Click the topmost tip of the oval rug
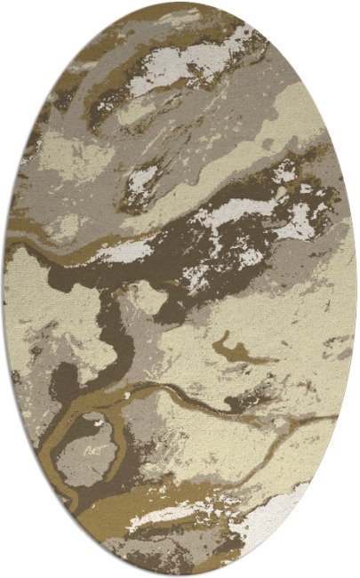pos(180,3)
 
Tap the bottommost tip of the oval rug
pos(180,575)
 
